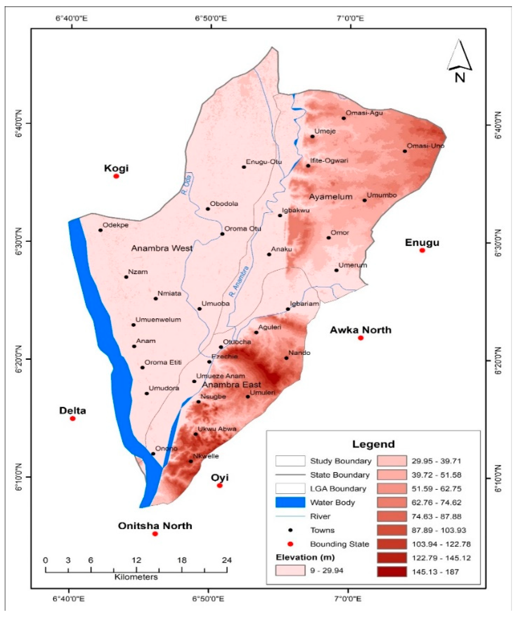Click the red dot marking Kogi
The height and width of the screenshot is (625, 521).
click(x=116, y=176)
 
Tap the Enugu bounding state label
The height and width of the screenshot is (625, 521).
click(x=422, y=243)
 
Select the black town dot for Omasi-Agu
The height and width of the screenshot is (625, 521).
click(x=344, y=118)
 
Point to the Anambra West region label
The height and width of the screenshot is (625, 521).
click(x=162, y=248)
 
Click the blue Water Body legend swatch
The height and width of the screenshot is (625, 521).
click(x=290, y=502)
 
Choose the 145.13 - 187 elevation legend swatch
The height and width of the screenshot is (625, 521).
click(x=392, y=572)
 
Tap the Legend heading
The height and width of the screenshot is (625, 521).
click(x=373, y=444)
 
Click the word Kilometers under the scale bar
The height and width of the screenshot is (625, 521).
click(x=136, y=577)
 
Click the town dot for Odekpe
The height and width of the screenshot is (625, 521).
click(x=100, y=230)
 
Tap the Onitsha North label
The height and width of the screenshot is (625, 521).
click(x=155, y=526)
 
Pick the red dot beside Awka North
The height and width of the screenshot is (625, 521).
click(x=360, y=338)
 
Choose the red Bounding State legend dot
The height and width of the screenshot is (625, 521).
click(x=290, y=544)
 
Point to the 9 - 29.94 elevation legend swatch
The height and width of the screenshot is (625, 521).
click(x=290, y=571)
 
